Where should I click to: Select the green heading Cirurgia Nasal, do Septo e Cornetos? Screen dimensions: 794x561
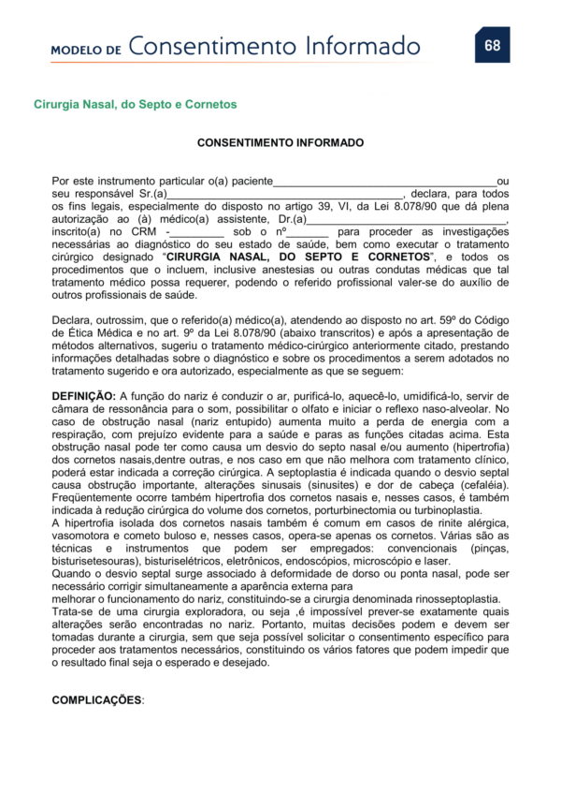135,104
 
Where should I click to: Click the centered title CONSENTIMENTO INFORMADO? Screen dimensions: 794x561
280,143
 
